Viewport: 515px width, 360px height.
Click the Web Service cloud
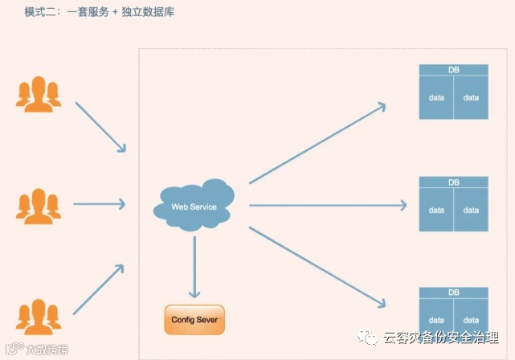point(194,206)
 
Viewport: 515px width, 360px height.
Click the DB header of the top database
point(453,71)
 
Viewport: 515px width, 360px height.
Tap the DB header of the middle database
point(453,182)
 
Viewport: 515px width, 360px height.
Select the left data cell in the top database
point(436,98)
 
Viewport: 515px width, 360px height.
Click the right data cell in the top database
point(471,98)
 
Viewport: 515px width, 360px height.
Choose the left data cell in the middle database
point(436,211)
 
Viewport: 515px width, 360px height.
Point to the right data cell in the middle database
point(471,211)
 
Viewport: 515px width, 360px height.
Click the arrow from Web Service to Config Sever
point(194,265)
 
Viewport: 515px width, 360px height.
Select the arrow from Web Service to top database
point(317,143)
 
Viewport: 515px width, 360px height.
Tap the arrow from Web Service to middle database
point(325,206)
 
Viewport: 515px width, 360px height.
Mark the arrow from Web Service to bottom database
point(317,267)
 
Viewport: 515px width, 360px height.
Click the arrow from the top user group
point(100,127)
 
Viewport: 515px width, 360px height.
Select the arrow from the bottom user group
point(100,288)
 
